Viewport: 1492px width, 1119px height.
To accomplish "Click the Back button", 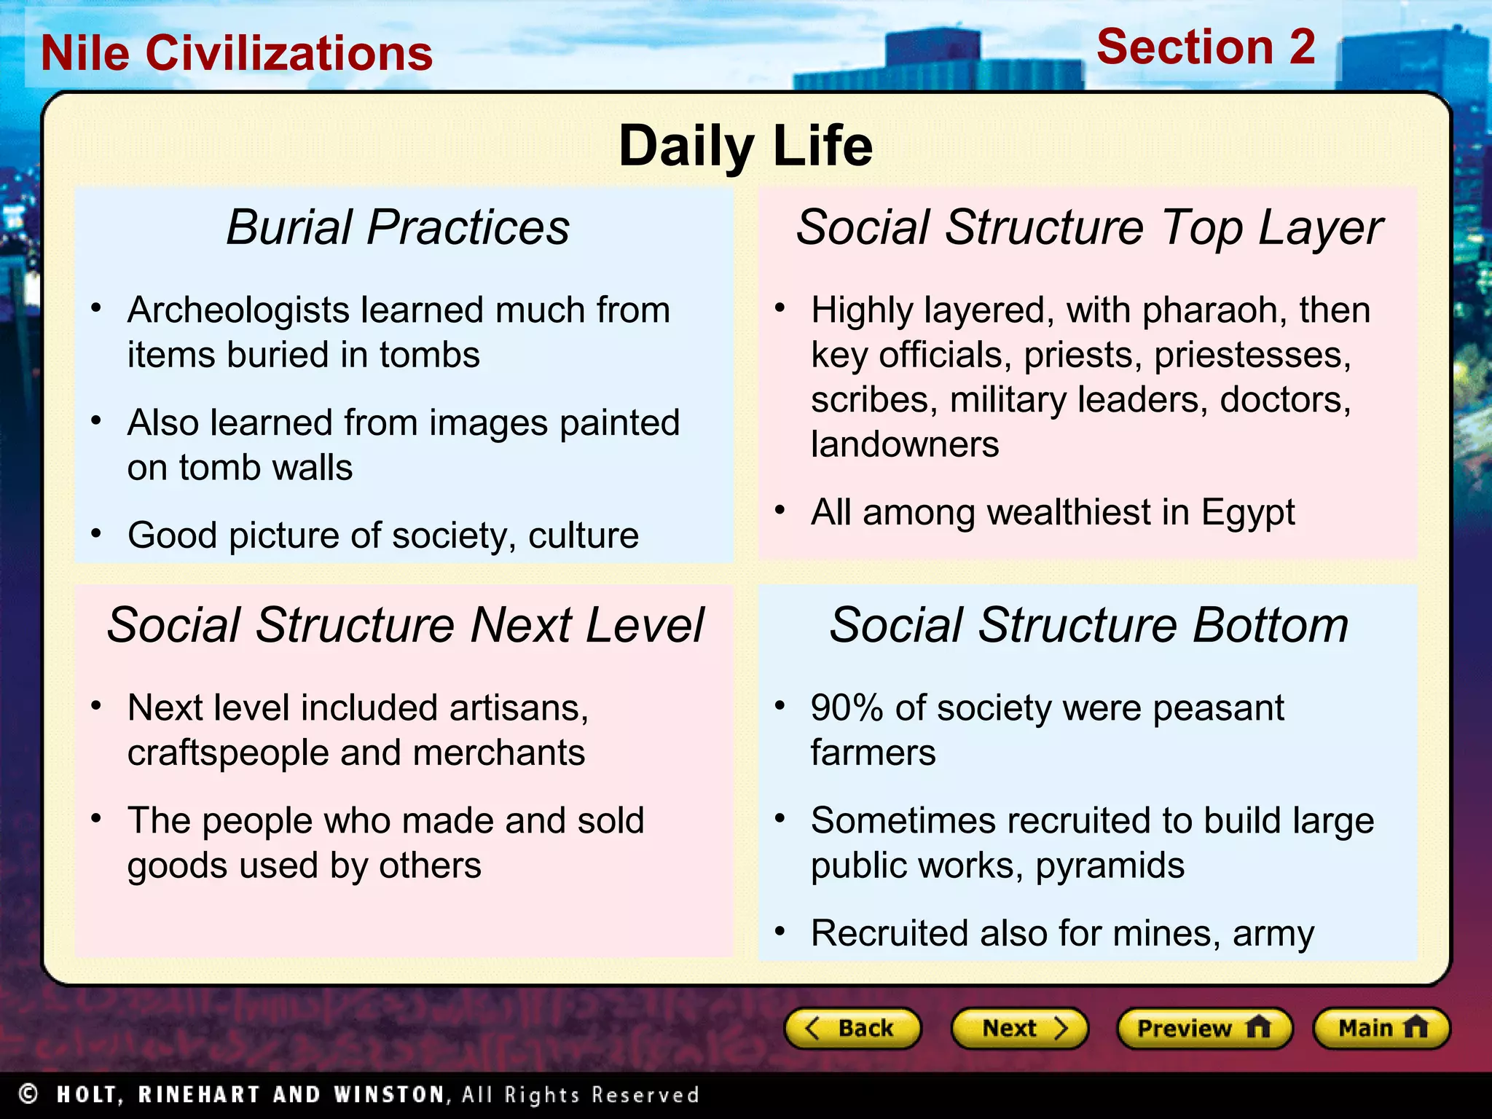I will (x=852, y=1028).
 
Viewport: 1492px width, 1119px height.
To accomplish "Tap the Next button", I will (x=1019, y=1028).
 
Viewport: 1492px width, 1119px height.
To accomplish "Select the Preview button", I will (x=1204, y=1028).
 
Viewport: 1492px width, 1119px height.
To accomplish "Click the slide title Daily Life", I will (x=745, y=146).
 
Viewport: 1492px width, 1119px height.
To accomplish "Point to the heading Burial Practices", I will (x=398, y=227).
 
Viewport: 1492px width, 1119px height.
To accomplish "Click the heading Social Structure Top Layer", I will (x=1088, y=227).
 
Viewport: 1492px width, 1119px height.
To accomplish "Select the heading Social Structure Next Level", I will (x=405, y=625).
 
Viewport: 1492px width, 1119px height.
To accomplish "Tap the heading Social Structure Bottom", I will (x=1088, y=625).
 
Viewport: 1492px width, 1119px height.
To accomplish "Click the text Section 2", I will (x=1206, y=47).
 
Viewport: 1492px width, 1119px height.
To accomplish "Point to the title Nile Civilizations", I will (x=237, y=53).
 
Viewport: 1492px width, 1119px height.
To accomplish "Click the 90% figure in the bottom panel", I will (x=847, y=708).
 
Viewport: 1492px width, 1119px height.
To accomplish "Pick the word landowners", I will (x=904, y=444).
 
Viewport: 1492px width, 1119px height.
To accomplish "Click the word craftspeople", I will (x=227, y=753).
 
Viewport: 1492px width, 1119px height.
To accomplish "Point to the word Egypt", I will (x=1247, y=513).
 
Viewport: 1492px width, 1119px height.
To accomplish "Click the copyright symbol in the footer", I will (x=28, y=1094).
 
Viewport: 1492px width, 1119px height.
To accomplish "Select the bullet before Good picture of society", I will (x=96, y=534).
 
